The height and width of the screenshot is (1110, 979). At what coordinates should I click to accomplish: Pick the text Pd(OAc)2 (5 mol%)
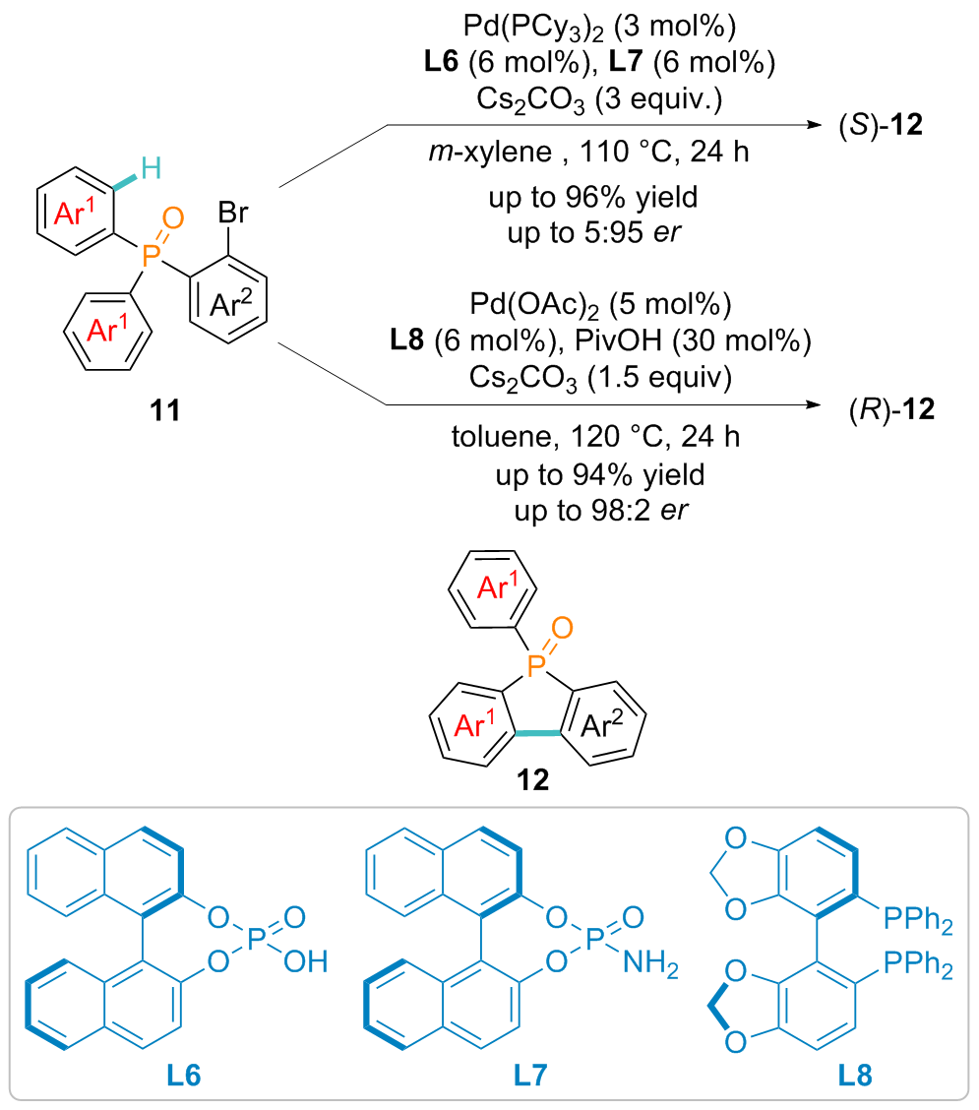(x=593, y=307)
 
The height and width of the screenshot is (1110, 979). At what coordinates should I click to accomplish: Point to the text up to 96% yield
(x=593, y=200)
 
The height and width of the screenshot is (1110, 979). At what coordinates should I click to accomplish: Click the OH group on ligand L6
(x=304, y=961)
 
